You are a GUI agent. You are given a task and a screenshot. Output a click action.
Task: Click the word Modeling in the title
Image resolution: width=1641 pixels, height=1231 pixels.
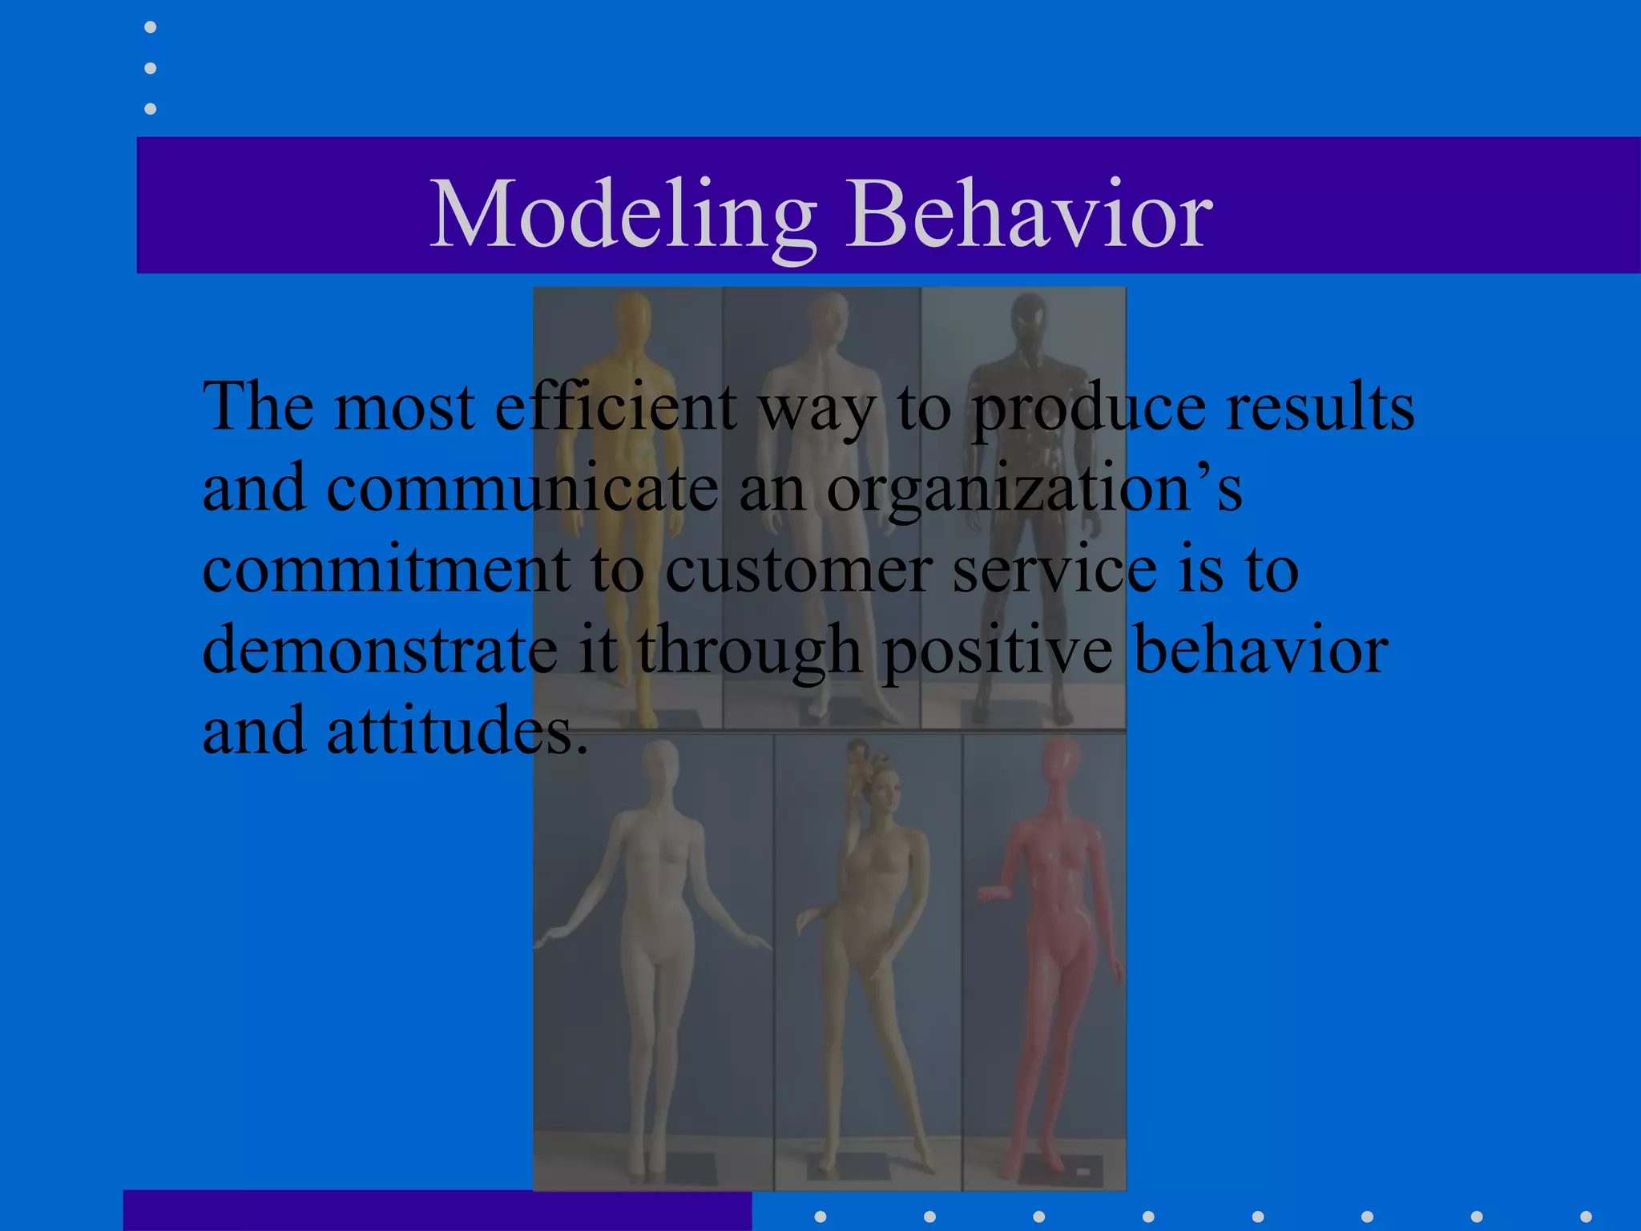click(623, 215)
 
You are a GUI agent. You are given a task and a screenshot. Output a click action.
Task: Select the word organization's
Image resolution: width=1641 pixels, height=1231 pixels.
click(1034, 490)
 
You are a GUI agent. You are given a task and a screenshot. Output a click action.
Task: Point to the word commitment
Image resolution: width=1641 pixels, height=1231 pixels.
click(387, 570)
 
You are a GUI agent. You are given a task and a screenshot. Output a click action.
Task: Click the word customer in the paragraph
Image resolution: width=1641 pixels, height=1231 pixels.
click(798, 570)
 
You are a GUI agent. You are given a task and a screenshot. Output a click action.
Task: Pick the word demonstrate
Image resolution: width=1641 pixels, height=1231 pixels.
click(380, 651)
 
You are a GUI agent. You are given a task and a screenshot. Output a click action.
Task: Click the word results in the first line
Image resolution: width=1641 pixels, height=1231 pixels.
click(1320, 407)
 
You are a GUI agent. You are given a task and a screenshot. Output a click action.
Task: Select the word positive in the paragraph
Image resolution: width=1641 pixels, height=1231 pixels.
click(998, 651)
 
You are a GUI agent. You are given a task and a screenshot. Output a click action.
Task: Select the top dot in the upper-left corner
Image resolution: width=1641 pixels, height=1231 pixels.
click(151, 27)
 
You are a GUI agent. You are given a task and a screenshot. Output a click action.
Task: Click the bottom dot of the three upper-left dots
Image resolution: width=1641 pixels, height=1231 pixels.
click(151, 108)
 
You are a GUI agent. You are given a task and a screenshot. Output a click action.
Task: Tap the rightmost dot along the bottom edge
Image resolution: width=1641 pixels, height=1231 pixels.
click(1586, 1217)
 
